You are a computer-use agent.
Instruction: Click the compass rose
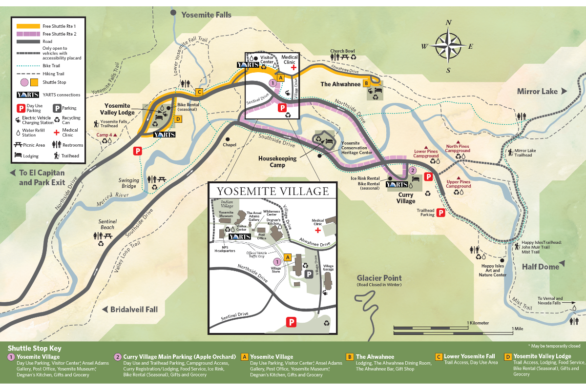pyautogui.click(x=448, y=46)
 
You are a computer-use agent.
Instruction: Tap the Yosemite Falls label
pyautogui.click(x=206, y=15)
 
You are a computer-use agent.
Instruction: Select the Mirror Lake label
pyautogui.click(x=537, y=91)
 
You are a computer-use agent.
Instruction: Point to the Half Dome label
pyautogui.click(x=540, y=266)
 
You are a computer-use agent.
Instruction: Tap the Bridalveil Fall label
pyautogui.click(x=134, y=310)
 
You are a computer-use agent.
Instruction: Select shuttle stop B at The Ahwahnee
pyautogui.click(x=365, y=83)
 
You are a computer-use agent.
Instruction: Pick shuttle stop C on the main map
pyautogui.click(x=199, y=92)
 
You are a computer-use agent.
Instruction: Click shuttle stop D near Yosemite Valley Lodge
pyautogui.click(x=178, y=118)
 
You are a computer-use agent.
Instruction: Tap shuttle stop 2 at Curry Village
pyautogui.click(x=412, y=170)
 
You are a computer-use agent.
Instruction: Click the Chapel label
pyautogui.click(x=229, y=145)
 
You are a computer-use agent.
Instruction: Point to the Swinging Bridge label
pyautogui.click(x=128, y=183)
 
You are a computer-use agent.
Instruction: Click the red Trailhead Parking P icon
pyautogui.click(x=440, y=212)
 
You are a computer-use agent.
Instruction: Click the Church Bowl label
pyautogui.click(x=342, y=51)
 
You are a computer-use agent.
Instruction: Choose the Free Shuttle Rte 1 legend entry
pyautogui.click(x=60, y=26)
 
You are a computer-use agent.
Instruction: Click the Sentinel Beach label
pyautogui.click(x=107, y=224)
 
